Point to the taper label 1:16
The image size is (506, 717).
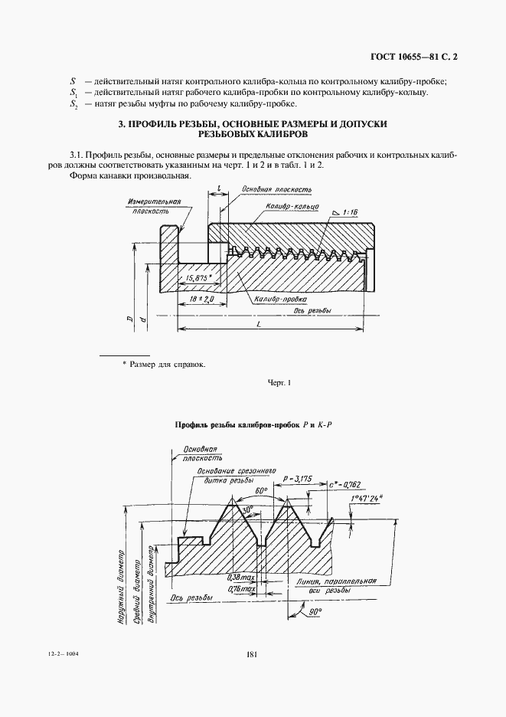tap(351, 211)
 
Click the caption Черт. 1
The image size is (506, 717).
tap(280, 382)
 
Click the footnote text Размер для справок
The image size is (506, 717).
tap(168, 365)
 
